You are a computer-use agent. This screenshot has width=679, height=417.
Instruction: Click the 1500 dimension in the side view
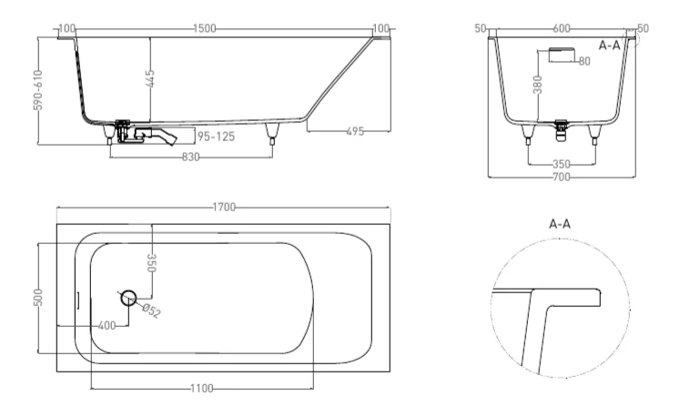tap(205, 29)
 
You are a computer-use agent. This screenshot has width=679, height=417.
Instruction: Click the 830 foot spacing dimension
tap(192, 158)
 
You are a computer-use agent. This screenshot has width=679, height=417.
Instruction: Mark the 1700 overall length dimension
tap(224, 208)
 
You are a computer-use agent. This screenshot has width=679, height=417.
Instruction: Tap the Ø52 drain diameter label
tap(151, 312)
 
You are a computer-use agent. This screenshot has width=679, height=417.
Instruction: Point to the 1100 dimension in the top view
tap(201, 389)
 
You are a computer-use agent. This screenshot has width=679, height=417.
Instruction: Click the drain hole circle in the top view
tap(127, 297)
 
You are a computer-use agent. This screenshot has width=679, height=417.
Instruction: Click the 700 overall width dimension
tap(562, 177)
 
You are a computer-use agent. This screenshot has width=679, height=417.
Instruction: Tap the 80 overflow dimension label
tap(583, 62)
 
